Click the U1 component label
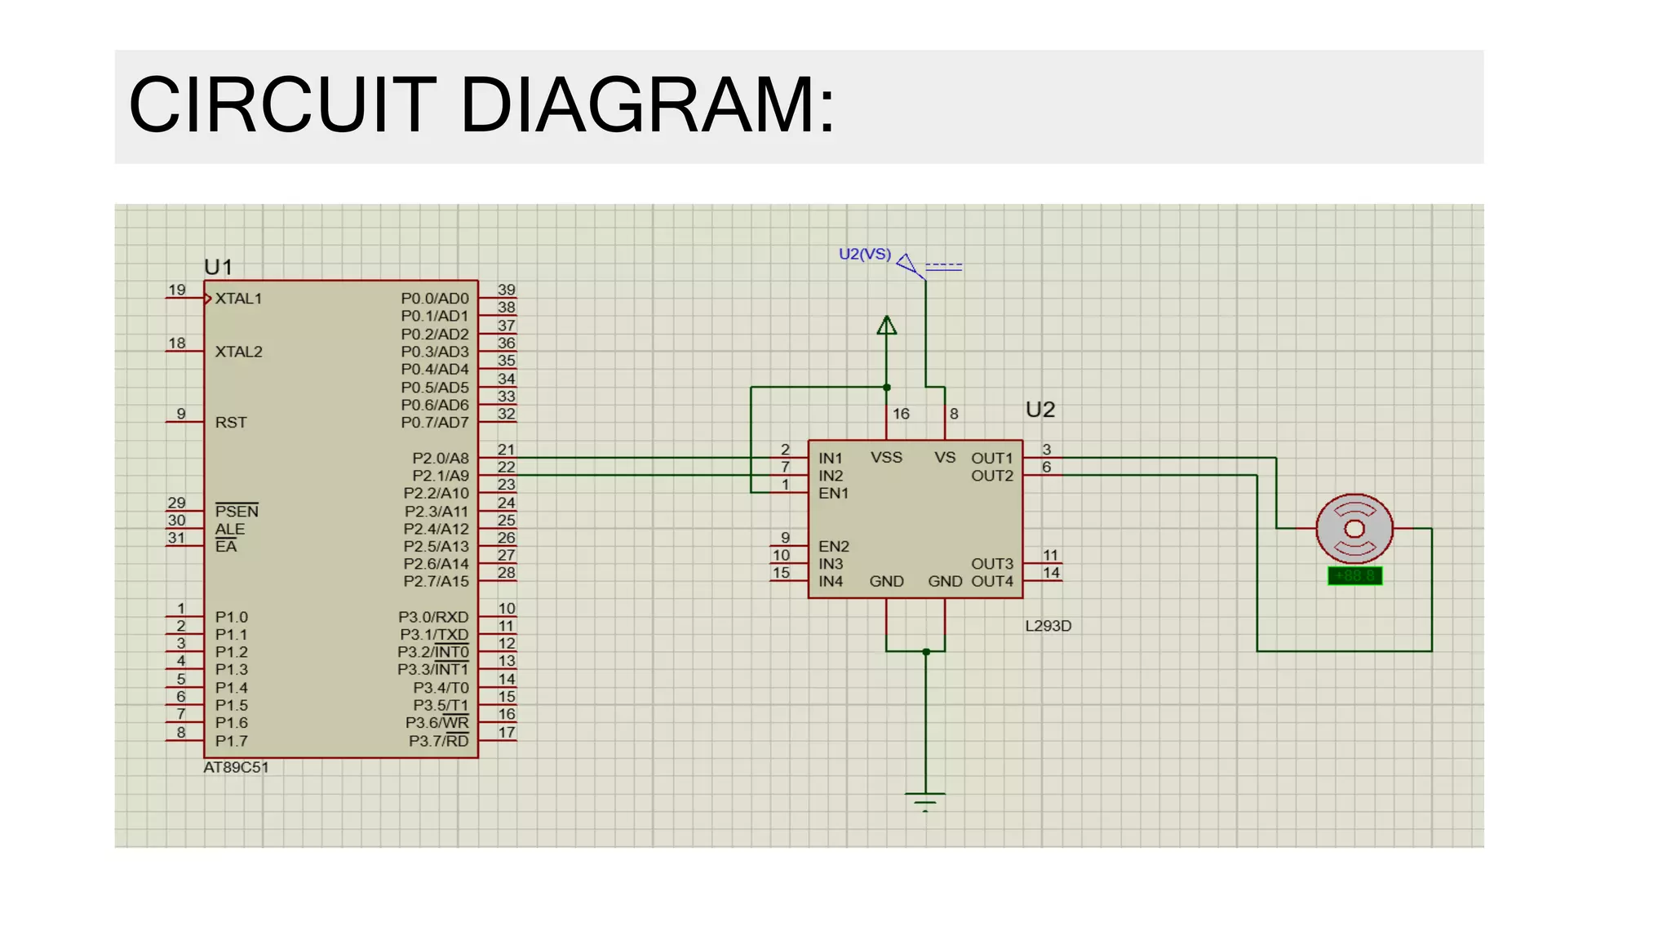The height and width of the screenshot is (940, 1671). pyautogui.click(x=219, y=267)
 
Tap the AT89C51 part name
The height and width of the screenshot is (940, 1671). pyautogui.click(x=236, y=768)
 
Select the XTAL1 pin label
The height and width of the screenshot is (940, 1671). pyautogui.click(x=238, y=299)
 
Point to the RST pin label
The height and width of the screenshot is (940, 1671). pyautogui.click(x=231, y=423)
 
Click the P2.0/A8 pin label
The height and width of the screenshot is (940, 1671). pyautogui.click(x=441, y=459)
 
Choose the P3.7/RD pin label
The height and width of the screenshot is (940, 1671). pyautogui.click(x=439, y=741)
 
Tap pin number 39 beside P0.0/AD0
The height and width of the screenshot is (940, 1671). pyautogui.click(x=507, y=290)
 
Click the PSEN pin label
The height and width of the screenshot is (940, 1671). pyautogui.click(x=237, y=512)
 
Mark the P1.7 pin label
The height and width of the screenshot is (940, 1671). pyautogui.click(x=232, y=741)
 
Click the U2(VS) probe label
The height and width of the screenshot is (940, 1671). pyautogui.click(x=865, y=255)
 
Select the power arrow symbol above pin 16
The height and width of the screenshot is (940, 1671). pyautogui.click(x=887, y=326)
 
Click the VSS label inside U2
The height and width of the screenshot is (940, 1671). pyautogui.click(x=886, y=458)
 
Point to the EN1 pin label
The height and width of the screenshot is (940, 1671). pyautogui.click(x=834, y=494)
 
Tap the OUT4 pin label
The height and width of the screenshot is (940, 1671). pyautogui.click(x=992, y=582)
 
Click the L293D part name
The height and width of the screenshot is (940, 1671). pyautogui.click(x=1048, y=626)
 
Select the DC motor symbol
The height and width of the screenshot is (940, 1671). pyautogui.click(x=1354, y=529)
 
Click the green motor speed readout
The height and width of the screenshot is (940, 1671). pyautogui.click(x=1355, y=576)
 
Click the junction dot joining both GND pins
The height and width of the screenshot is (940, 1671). pyautogui.click(x=926, y=652)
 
